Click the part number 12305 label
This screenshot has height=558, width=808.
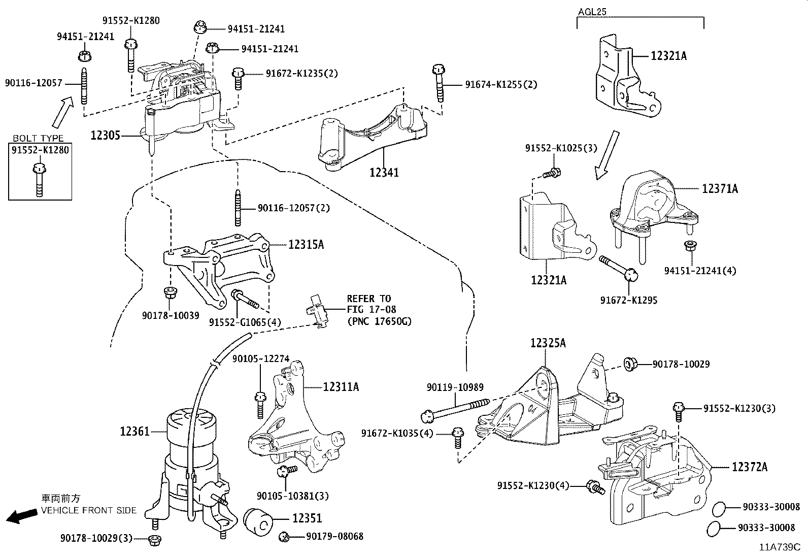click(105, 136)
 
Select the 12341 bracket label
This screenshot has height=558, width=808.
click(384, 173)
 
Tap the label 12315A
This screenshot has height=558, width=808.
click(306, 245)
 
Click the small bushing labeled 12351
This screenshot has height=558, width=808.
click(258, 520)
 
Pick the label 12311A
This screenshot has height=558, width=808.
click(341, 387)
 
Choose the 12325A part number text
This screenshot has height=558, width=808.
click(548, 343)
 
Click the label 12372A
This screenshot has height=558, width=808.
click(749, 467)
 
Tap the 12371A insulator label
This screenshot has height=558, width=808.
click(720, 189)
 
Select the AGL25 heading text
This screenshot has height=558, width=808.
click(592, 11)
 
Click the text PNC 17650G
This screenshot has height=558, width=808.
click(379, 321)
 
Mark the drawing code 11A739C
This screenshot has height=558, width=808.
click(779, 547)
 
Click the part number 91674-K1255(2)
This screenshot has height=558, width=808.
click(500, 84)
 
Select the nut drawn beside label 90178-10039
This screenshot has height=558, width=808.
click(169, 293)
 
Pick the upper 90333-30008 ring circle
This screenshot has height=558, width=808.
click(718, 507)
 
